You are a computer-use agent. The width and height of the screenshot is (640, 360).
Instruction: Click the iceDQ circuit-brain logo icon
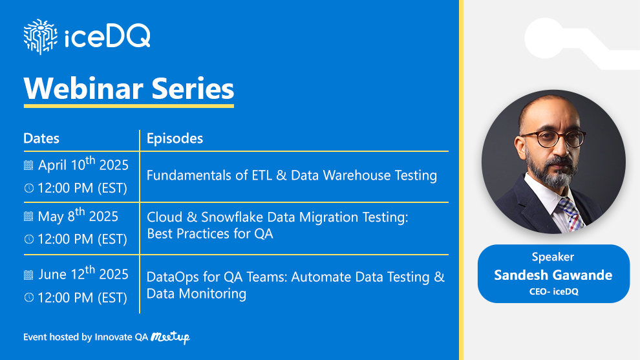[x=40, y=36]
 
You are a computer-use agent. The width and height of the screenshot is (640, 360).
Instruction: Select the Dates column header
[x=41, y=138]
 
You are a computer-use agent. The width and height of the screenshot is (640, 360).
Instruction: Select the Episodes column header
[x=175, y=138]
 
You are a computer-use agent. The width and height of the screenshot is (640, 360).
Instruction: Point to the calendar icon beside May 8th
[x=28, y=217]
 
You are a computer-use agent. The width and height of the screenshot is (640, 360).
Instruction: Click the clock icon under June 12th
[x=28, y=298]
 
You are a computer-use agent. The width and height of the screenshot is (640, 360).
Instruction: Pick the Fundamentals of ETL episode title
[x=292, y=175]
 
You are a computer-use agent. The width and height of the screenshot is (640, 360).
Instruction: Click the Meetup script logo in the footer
[x=170, y=337]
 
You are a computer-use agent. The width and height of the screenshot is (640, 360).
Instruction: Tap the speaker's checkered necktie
[x=571, y=213]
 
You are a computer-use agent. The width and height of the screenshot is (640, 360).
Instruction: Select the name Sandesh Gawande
[x=553, y=275]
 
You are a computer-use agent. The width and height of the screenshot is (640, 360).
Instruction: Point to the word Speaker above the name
[x=553, y=257]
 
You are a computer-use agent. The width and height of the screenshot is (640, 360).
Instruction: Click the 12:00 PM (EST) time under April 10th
[x=82, y=188]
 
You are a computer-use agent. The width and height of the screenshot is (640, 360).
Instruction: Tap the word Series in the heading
[x=193, y=88]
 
